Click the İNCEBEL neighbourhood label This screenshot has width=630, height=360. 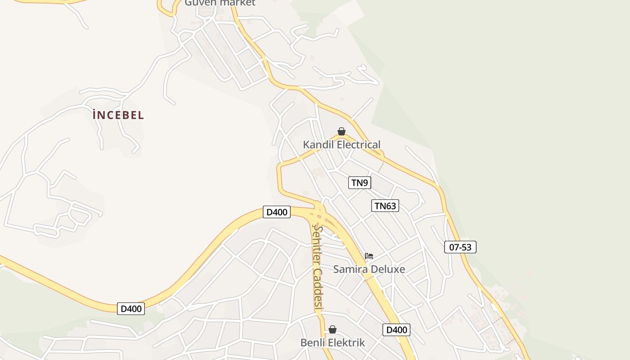(118, 115)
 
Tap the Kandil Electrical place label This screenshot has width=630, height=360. (342, 145)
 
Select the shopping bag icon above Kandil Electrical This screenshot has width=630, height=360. (342, 131)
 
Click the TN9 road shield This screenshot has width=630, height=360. (360, 183)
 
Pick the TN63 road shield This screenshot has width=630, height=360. (385, 206)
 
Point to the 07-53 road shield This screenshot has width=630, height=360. (460, 247)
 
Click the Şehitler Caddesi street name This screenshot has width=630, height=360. (318, 269)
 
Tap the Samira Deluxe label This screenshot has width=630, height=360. (369, 270)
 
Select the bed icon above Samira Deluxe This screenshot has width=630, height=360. (369, 256)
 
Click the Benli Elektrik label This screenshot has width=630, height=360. (333, 343)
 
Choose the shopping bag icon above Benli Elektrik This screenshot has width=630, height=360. (333, 330)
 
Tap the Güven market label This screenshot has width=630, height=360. (220, 3)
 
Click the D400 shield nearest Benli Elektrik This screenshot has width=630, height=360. (396, 330)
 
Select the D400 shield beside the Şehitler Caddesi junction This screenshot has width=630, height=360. (277, 212)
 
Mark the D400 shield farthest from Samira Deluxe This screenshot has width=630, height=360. (131, 309)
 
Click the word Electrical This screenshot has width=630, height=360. (358, 145)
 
